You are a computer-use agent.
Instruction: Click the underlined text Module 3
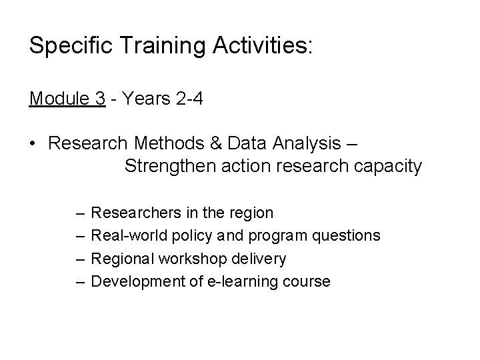tap(67, 99)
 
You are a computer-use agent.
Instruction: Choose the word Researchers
tap(134, 213)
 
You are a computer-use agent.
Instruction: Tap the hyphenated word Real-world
tap(129, 236)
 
